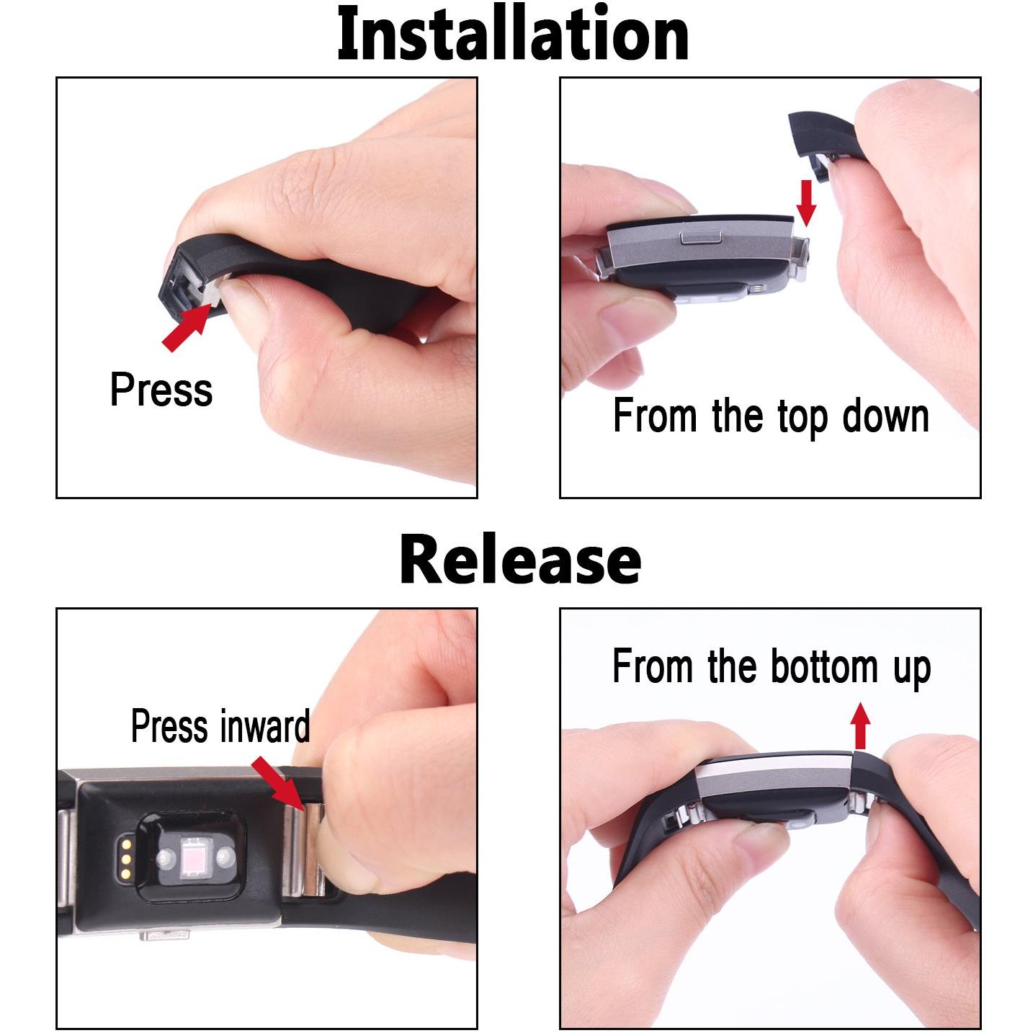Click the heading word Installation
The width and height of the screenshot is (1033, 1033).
(x=513, y=32)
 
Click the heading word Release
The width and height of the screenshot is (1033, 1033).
(x=520, y=560)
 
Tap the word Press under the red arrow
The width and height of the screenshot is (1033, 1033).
(x=161, y=390)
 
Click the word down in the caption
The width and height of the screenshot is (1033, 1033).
(x=885, y=416)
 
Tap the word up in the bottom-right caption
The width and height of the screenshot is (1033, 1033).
(x=912, y=670)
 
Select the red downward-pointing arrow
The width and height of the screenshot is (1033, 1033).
(x=805, y=203)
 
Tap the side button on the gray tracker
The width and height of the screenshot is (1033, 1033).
(x=701, y=237)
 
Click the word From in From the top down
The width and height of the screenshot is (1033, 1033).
(x=655, y=416)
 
